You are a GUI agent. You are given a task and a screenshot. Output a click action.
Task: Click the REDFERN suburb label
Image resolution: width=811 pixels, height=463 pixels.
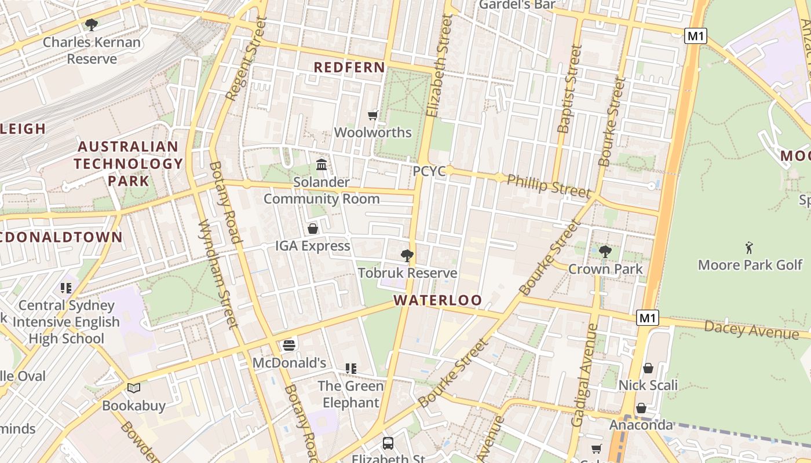tap(349, 67)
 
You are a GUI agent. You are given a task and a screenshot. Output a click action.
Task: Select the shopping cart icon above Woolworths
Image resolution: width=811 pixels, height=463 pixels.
tap(373, 115)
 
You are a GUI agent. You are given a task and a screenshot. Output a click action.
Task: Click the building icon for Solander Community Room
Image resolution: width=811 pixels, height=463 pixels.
tap(322, 165)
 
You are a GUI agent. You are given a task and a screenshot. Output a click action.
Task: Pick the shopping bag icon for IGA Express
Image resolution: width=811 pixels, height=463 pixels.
tap(313, 229)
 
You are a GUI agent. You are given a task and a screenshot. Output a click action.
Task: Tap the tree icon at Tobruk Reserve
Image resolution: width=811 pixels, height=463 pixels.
tap(407, 255)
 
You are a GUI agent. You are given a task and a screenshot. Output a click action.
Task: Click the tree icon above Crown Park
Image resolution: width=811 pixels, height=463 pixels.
tap(605, 252)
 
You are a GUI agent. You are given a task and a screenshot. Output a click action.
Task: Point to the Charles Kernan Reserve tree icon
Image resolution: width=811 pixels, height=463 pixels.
tap(91, 24)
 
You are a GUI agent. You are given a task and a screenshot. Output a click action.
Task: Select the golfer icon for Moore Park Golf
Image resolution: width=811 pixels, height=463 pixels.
tap(749, 248)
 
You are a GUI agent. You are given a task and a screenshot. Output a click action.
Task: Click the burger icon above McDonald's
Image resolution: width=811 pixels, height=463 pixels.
tap(289, 346)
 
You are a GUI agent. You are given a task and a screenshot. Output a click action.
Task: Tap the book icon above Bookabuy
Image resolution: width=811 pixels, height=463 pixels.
tap(134, 388)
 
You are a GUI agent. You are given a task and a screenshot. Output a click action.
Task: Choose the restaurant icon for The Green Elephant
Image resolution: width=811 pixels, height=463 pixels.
tap(350, 369)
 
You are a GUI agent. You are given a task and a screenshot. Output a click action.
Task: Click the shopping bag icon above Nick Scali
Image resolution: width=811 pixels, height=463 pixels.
tap(648, 368)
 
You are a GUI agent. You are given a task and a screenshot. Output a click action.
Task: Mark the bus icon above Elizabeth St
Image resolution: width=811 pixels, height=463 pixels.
tap(388, 443)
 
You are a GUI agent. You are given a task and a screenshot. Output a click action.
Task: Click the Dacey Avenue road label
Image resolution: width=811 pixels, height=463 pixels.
tap(751, 330)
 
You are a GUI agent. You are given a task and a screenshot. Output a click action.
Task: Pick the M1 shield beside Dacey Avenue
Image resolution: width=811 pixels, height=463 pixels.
tap(648, 318)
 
